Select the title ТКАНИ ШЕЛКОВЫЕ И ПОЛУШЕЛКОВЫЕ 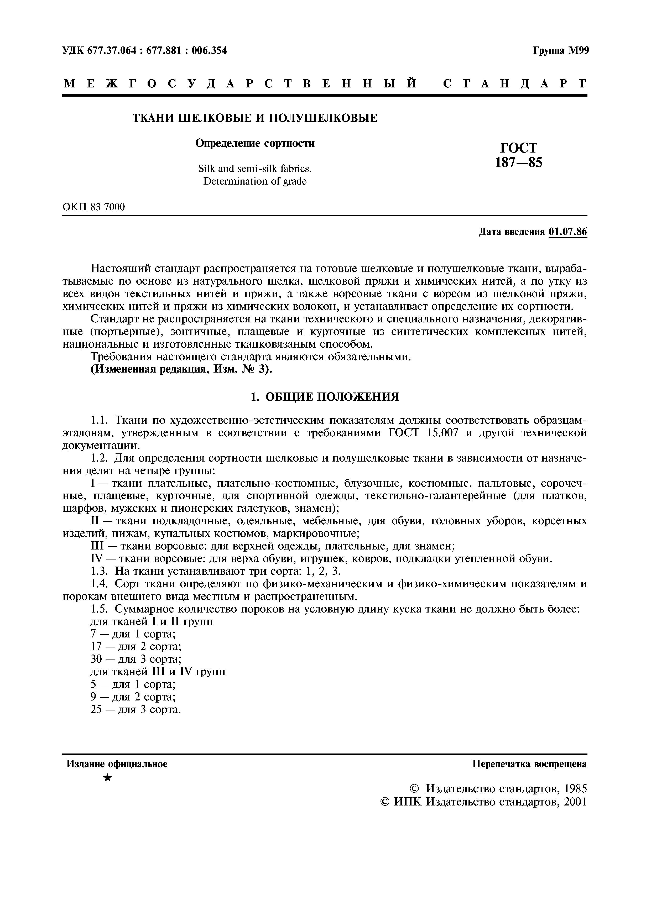point(255,118)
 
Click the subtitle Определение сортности point(255,143)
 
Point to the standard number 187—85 point(519,163)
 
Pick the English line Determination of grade point(255,181)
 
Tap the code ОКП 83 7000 point(94,207)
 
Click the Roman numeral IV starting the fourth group point(96,559)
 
